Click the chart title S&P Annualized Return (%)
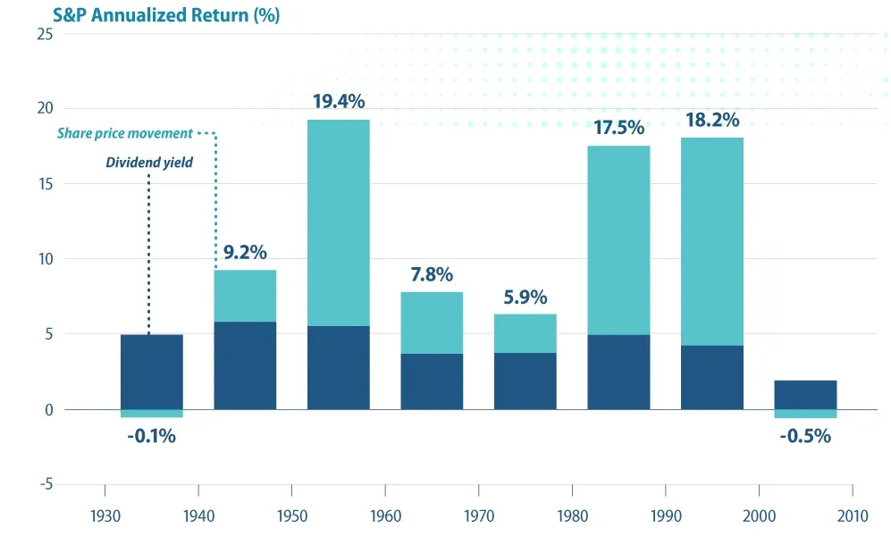point(141,15)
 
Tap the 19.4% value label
point(338,101)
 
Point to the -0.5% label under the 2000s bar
point(805,436)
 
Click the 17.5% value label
point(618,128)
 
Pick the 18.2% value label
point(711,120)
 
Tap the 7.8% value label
point(431,274)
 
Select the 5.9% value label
point(525,298)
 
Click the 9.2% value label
point(244,252)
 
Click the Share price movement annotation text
point(125,134)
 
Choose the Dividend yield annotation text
point(148,163)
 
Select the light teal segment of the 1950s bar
point(338,223)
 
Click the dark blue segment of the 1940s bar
point(244,365)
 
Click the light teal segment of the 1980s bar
point(618,241)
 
